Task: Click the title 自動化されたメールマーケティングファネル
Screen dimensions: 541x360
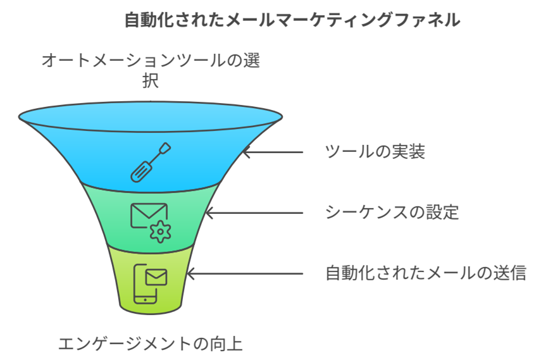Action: click(292, 20)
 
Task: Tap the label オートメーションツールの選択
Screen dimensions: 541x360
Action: click(151, 70)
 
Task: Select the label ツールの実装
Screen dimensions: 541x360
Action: click(375, 151)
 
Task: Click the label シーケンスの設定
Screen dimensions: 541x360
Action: click(392, 213)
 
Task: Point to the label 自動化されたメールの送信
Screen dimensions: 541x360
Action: click(426, 273)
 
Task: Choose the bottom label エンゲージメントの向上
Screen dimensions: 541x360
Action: click(151, 344)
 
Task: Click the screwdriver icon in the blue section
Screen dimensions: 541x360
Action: click(151, 162)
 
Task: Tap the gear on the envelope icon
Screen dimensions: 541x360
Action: click(161, 232)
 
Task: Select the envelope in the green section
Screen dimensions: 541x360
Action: click(149, 215)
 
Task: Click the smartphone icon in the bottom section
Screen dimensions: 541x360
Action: click(145, 284)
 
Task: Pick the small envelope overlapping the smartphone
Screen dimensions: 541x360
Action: click(156, 277)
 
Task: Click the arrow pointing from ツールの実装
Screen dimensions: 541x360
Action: click(273, 152)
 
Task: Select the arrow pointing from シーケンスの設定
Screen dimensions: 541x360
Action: click(254, 213)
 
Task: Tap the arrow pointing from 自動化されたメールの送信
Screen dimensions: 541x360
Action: click(245, 274)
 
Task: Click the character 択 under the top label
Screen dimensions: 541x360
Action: click(151, 80)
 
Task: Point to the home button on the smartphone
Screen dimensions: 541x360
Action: click(146, 300)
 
